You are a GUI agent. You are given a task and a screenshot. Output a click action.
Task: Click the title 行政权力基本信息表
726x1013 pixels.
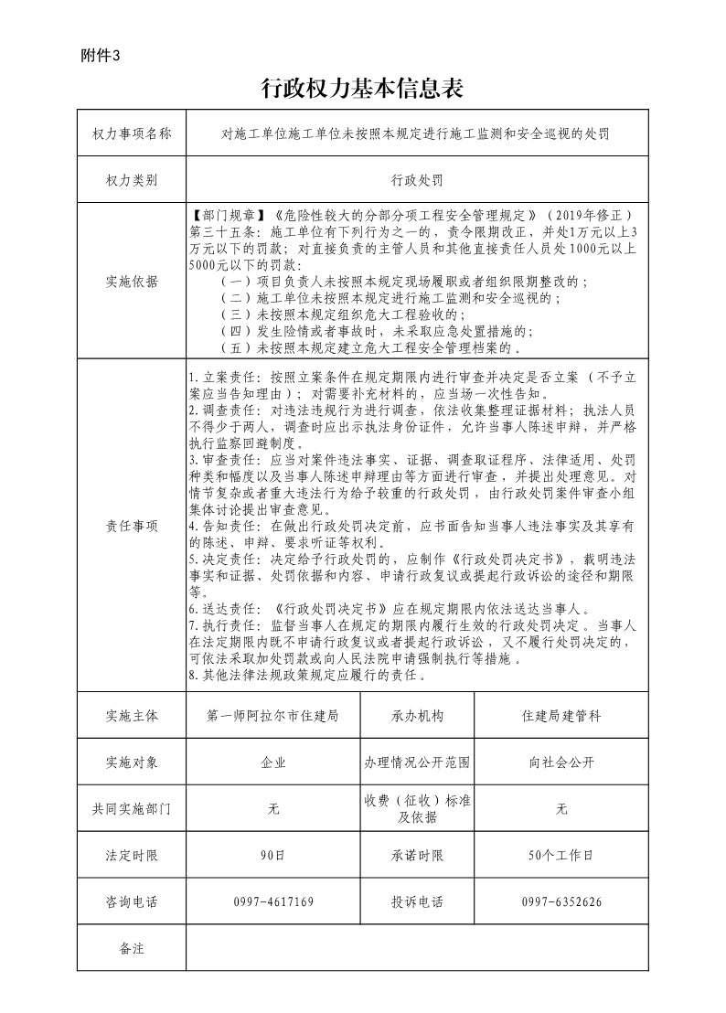pyautogui.click(x=363, y=88)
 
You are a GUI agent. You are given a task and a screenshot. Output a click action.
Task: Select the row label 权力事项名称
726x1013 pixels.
pyautogui.click(x=132, y=133)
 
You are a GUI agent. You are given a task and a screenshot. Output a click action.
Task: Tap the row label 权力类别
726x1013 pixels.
pyautogui.click(x=132, y=180)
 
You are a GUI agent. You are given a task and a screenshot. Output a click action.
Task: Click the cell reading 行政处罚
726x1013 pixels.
pyautogui.click(x=417, y=180)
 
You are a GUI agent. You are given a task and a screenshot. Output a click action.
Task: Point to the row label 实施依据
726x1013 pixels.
pyautogui.click(x=132, y=281)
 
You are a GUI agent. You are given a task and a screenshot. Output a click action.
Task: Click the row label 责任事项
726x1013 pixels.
pyautogui.click(x=132, y=526)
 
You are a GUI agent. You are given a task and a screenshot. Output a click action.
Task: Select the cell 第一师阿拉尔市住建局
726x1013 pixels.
pyautogui.click(x=273, y=716)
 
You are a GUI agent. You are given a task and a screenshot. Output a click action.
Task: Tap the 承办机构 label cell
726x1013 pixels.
pyautogui.click(x=417, y=716)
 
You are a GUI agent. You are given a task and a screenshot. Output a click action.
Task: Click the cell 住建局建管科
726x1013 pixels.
pyautogui.click(x=561, y=716)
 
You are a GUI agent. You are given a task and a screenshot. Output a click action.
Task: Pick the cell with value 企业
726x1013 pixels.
pyautogui.click(x=273, y=762)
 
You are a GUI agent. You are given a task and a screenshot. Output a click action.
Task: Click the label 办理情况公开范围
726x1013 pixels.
pyautogui.click(x=417, y=762)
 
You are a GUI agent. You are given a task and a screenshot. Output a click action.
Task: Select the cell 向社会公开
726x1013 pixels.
pyautogui.click(x=561, y=762)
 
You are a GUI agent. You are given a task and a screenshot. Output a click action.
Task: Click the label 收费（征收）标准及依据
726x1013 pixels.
pyautogui.click(x=417, y=809)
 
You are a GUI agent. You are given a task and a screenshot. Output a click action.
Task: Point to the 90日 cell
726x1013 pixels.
pyautogui.click(x=273, y=856)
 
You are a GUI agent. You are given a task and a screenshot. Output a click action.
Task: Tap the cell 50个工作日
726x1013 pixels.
pyautogui.click(x=561, y=856)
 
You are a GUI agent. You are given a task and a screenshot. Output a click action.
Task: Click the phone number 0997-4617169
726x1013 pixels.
pyautogui.click(x=273, y=902)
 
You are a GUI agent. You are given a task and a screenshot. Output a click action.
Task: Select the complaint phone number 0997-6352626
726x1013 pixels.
pyautogui.click(x=561, y=902)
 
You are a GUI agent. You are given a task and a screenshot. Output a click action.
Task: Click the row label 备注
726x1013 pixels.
pyautogui.click(x=132, y=948)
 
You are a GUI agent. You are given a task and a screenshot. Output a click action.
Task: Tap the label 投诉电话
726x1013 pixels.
pyautogui.click(x=417, y=902)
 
